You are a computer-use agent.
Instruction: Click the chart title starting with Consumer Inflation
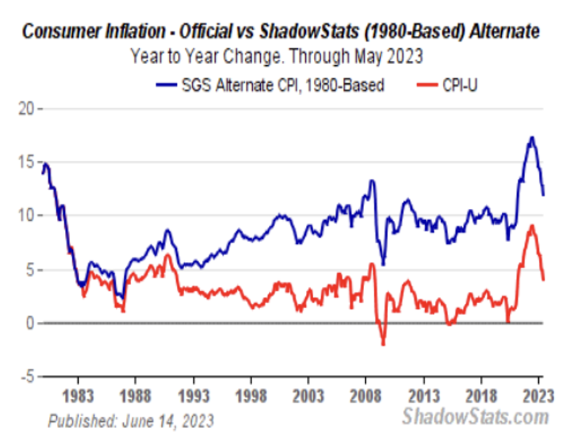point(281,31)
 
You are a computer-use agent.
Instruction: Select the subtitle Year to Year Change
point(276,56)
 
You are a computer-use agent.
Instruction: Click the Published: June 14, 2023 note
point(130,421)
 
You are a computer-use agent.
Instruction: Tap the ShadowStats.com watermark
point(475,417)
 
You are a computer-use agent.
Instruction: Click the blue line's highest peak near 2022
point(532,138)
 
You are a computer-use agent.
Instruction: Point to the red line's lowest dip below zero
point(383,345)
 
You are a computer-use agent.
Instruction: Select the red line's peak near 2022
point(532,225)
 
